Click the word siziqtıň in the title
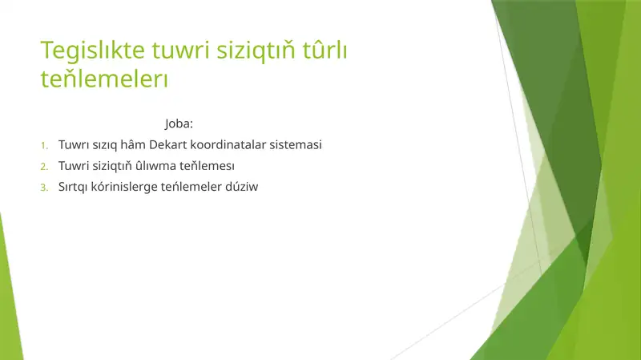pyautogui.click(x=253, y=51)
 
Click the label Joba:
pyautogui.click(x=179, y=124)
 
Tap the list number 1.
pyautogui.click(x=45, y=146)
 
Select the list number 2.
pyautogui.click(x=45, y=167)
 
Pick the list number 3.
pyautogui.click(x=45, y=188)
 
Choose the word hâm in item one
pyautogui.click(x=132, y=145)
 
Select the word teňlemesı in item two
pyautogui.click(x=208, y=166)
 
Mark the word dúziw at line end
pyautogui.click(x=245, y=187)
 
